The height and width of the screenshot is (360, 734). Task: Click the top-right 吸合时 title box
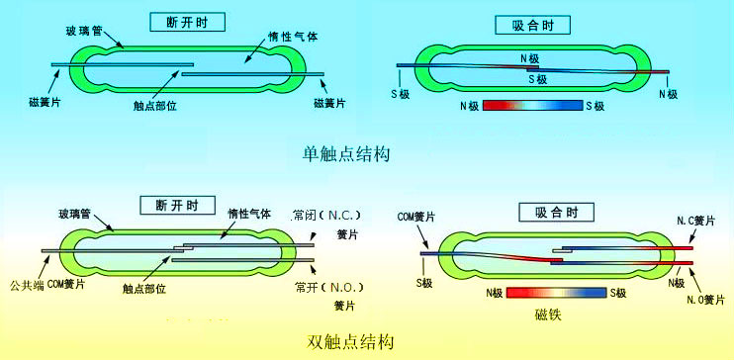535,24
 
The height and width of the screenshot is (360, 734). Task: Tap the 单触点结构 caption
346,154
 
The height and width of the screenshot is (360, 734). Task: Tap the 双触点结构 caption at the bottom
350,342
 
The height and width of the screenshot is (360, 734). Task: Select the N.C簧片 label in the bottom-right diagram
697,220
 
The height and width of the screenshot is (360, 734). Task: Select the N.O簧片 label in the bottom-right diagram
700,300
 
